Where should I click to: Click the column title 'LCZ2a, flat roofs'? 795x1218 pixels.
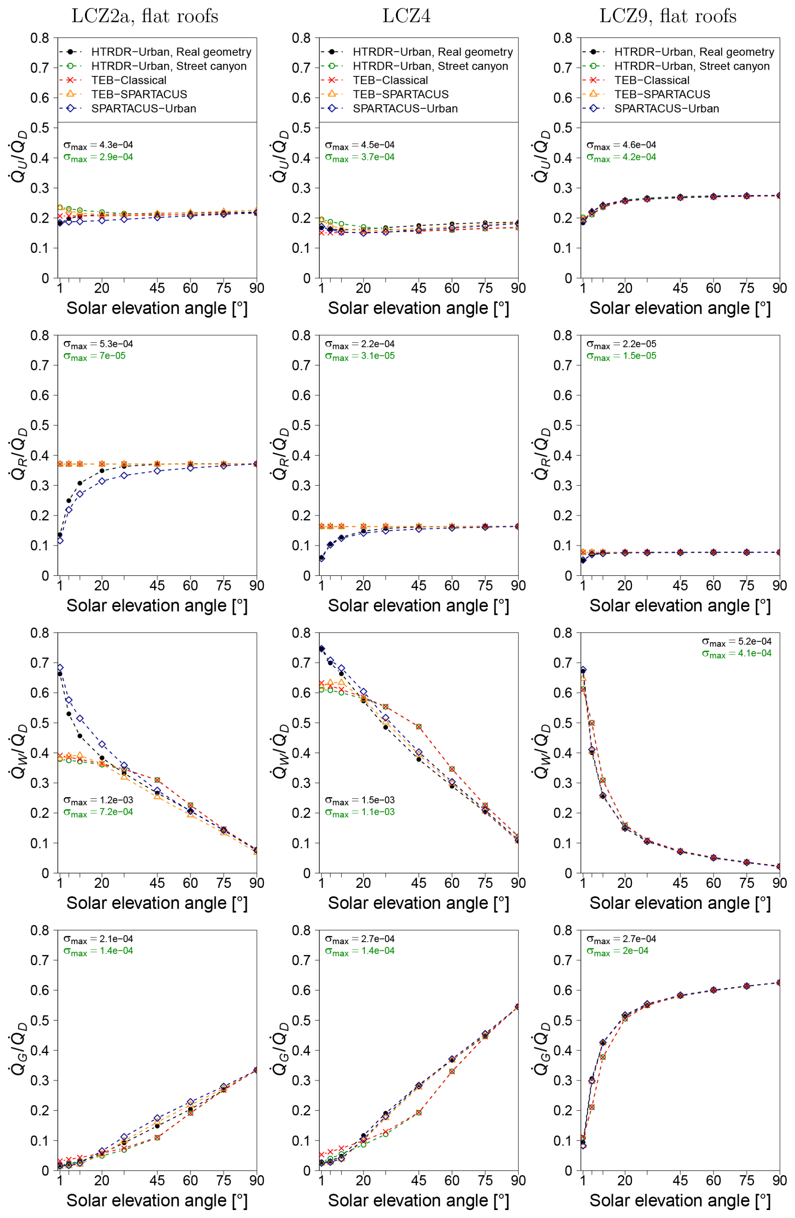point(145,16)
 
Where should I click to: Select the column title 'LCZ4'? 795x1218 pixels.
point(406,16)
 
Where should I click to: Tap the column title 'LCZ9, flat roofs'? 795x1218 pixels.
point(668,16)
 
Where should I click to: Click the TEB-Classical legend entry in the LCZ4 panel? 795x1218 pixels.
point(390,80)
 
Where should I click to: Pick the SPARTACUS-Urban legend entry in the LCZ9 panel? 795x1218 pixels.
point(666,108)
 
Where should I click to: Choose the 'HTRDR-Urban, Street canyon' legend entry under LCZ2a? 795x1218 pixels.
point(168,66)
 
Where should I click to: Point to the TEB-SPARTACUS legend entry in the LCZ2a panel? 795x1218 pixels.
point(139,94)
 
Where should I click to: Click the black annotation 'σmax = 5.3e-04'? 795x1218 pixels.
point(98,344)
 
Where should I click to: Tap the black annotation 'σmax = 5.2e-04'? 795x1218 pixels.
point(736,642)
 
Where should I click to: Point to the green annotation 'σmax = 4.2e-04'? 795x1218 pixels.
point(621,157)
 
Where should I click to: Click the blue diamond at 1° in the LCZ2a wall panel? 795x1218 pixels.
point(60,668)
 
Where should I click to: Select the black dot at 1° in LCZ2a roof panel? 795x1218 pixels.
point(60,535)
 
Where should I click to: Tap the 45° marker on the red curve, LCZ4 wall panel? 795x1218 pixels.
point(419,727)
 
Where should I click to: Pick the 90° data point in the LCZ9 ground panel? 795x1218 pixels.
point(779,982)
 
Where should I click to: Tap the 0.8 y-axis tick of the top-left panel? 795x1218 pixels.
point(39,38)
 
